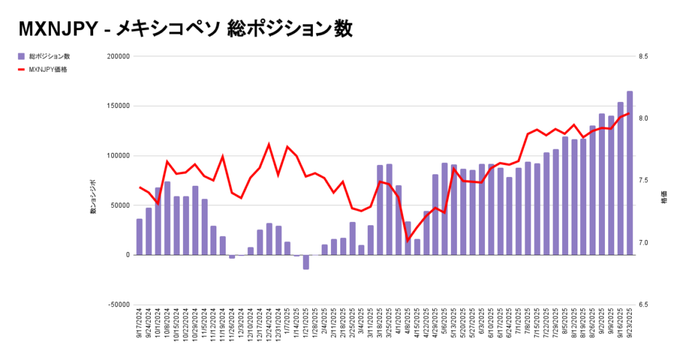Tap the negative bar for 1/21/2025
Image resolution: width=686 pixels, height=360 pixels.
[x=305, y=262]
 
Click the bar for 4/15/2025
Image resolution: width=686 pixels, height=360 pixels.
[x=417, y=247]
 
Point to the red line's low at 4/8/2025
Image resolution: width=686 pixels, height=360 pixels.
[x=407, y=240]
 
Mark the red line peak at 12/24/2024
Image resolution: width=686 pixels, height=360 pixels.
[x=269, y=144]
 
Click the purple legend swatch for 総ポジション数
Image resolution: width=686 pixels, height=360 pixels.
[x=22, y=56]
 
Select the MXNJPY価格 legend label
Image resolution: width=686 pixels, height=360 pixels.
[x=48, y=69]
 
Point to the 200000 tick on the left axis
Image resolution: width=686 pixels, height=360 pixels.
[x=118, y=56]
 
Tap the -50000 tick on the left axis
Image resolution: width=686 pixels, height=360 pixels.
[x=118, y=304]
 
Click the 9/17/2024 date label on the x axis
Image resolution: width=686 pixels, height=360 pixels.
[x=139, y=328]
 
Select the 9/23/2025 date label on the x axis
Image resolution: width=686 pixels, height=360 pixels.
[x=630, y=328]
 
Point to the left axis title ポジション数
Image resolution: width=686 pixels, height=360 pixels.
[x=93, y=198]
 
